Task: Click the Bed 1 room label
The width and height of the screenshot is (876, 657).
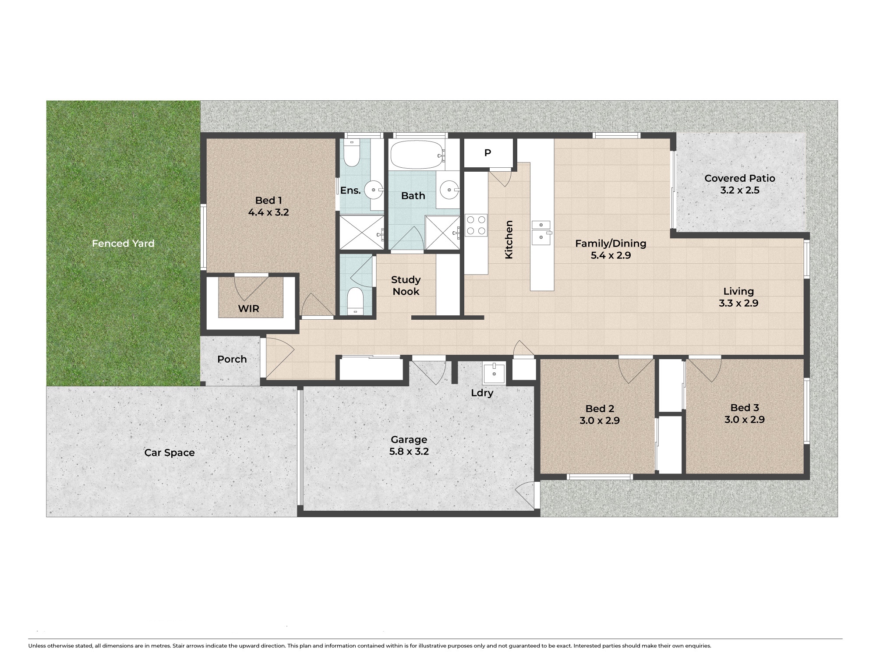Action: [x=268, y=201]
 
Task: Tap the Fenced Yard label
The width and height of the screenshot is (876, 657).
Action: [x=123, y=244]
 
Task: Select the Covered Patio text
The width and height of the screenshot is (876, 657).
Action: [x=740, y=178]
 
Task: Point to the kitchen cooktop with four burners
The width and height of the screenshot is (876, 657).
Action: [x=476, y=225]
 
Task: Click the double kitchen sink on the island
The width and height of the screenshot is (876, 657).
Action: [x=541, y=233]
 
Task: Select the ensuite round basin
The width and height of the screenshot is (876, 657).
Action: [x=374, y=190]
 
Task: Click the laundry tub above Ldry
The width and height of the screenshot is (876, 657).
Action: [x=494, y=373]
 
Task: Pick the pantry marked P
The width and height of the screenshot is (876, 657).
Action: [x=488, y=153]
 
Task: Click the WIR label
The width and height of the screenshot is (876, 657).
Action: [x=249, y=308]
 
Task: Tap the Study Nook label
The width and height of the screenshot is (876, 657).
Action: [x=406, y=286]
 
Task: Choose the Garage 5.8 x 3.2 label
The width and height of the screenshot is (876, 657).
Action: [x=409, y=445]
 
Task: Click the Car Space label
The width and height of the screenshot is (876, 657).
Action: [x=170, y=452]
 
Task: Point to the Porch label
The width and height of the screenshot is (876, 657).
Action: [x=232, y=359]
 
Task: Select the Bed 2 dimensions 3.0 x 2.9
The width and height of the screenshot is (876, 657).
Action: [x=600, y=420]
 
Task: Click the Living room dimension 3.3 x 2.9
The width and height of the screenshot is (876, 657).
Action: [x=738, y=303]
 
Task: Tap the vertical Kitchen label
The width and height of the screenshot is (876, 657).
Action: [x=509, y=240]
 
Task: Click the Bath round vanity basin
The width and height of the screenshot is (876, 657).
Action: [x=449, y=190]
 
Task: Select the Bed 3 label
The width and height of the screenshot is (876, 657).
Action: [x=745, y=408]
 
